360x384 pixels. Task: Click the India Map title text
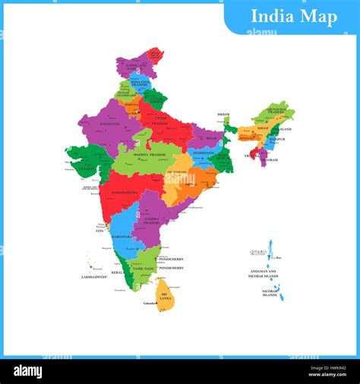click(x=290, y=17)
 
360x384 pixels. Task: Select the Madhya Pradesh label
click(x=150, y=155)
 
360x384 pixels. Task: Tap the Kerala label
click(x=116, y=272)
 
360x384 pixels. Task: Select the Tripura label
click(x=249, y=156)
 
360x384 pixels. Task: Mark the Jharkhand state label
click(x=203, y=153)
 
